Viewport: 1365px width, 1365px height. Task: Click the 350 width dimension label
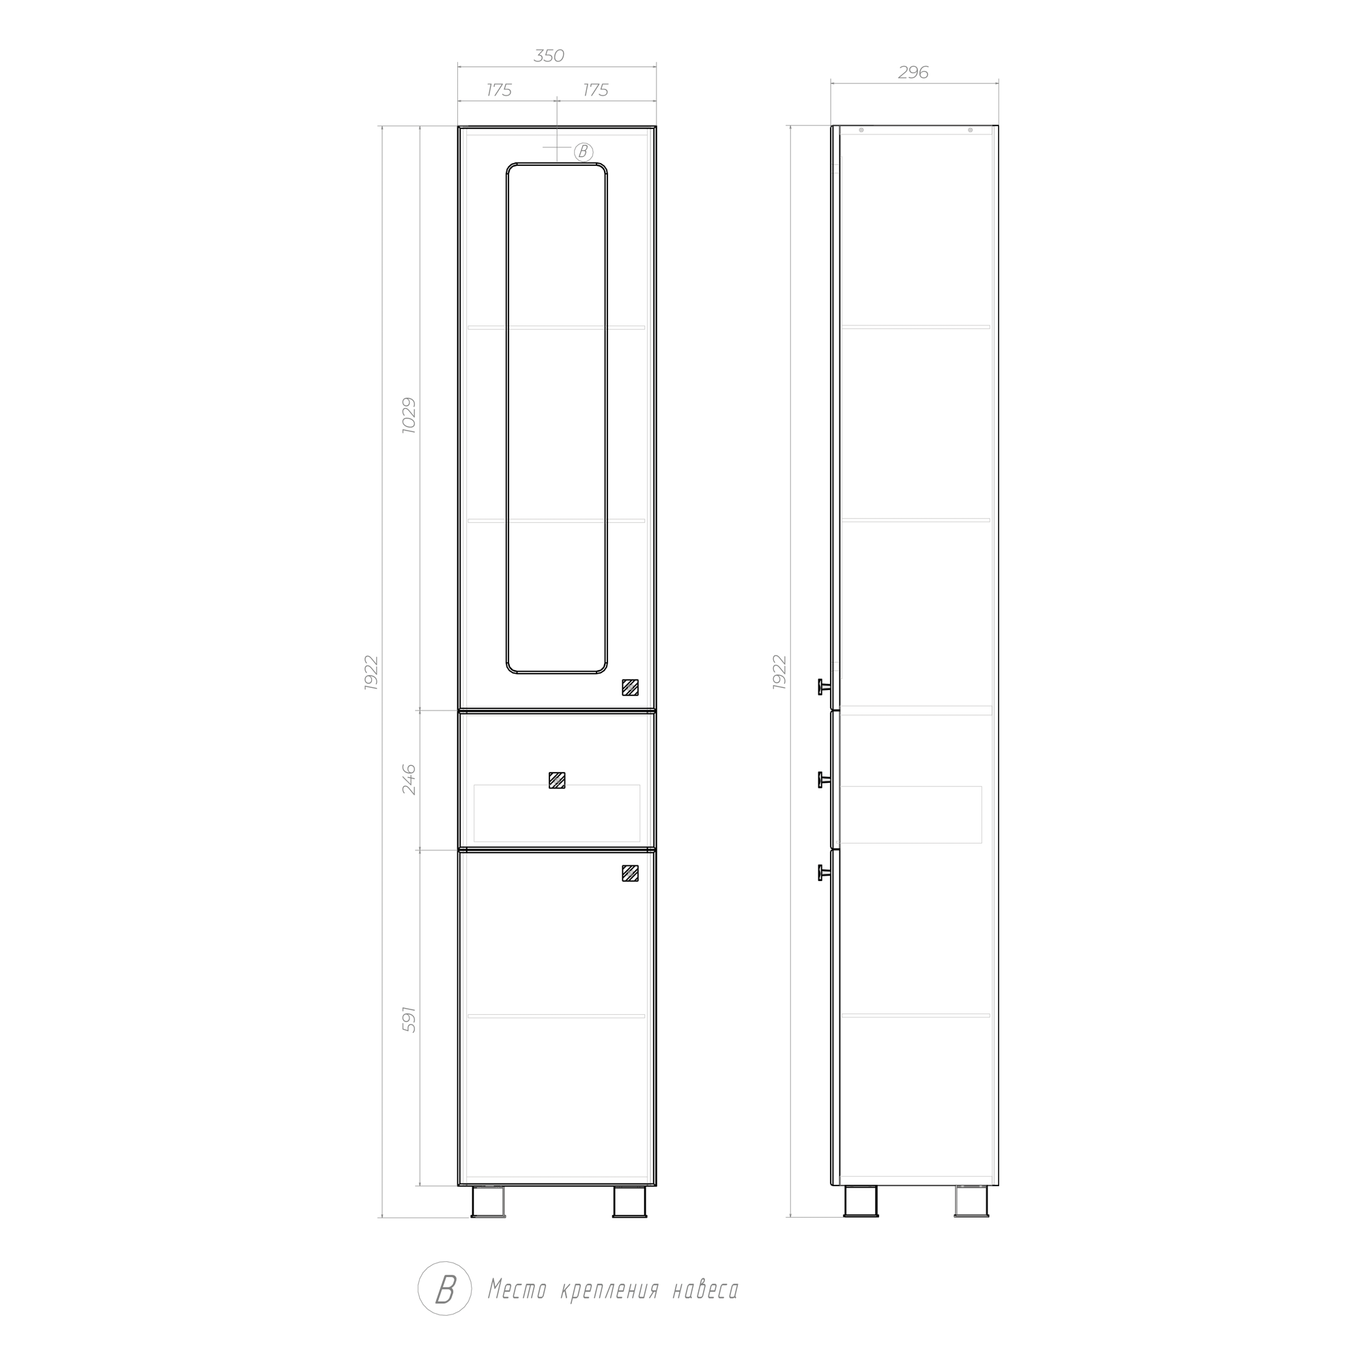click(548, 56)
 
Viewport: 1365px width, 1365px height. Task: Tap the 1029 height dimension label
click(409, 416)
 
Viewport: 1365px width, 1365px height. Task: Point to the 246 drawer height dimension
click(409, 779)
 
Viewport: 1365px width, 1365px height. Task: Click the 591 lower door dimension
click(409, 1020)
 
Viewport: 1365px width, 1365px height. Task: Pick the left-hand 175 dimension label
click(499, 91)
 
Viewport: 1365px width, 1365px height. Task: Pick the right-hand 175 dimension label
click(596, 91)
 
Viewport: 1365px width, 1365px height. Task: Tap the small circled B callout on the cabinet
click(583, 152)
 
